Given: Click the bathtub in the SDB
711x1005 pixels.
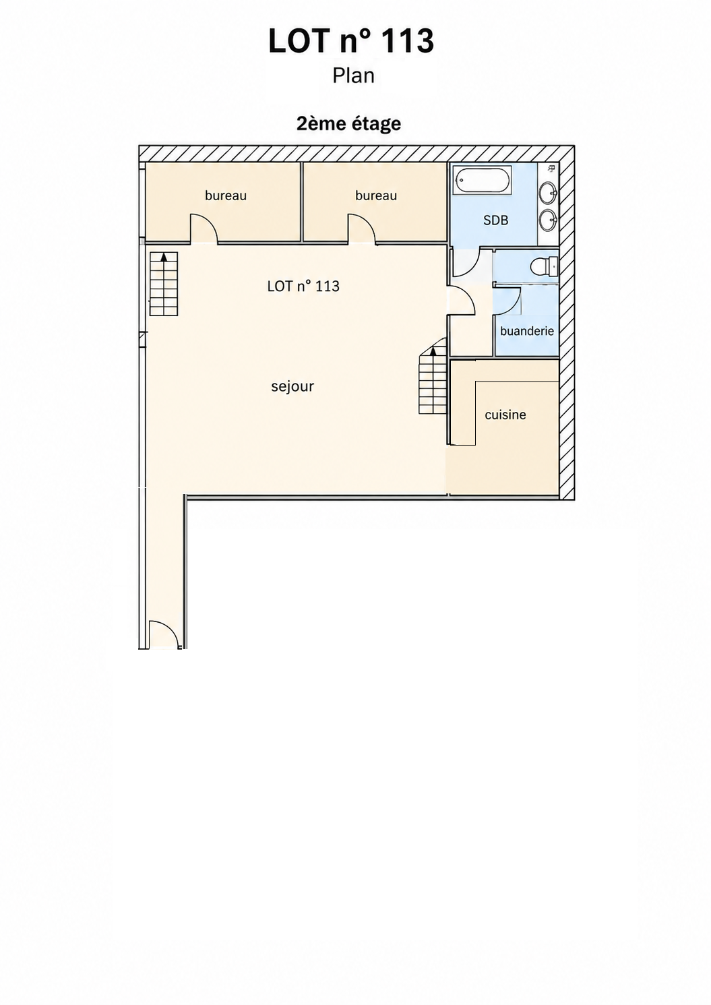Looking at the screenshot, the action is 482,181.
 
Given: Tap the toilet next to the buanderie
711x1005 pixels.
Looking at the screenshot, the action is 544,267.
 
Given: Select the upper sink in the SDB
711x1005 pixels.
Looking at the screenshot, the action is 548,193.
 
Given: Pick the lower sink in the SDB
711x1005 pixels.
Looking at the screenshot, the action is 548,220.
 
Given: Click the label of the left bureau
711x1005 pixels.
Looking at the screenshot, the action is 226,195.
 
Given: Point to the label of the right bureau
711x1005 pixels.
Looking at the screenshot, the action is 376,195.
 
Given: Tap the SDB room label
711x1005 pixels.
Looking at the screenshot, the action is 496,220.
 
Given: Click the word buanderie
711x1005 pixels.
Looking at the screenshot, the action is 527,331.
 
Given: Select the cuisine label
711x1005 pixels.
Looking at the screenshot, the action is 505,415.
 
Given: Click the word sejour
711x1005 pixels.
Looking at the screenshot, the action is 292,386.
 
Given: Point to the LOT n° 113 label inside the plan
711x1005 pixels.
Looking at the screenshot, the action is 303,286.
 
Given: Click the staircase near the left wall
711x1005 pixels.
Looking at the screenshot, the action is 164,284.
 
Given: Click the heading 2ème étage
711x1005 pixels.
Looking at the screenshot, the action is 348,124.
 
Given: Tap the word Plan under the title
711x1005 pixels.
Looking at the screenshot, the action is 354,75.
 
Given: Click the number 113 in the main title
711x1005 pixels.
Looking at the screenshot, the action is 408,41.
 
